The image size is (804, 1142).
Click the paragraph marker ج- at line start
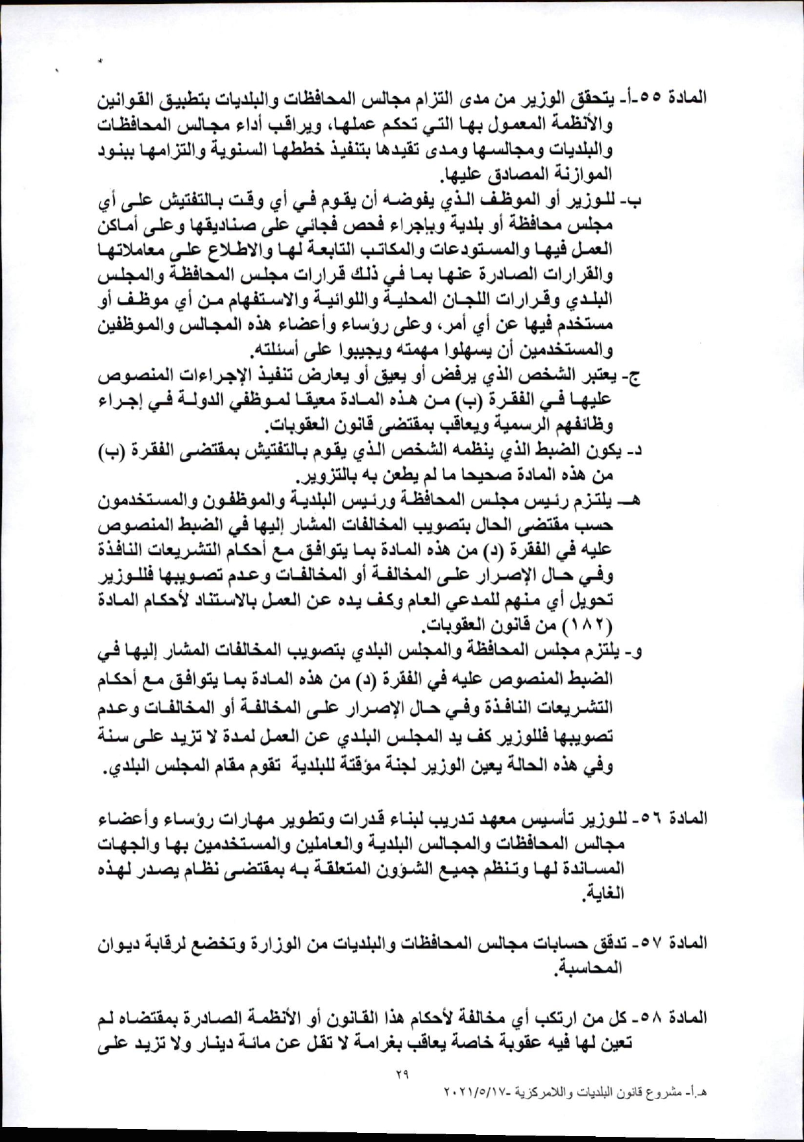(632, 377)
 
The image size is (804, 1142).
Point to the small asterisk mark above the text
(101, 62)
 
